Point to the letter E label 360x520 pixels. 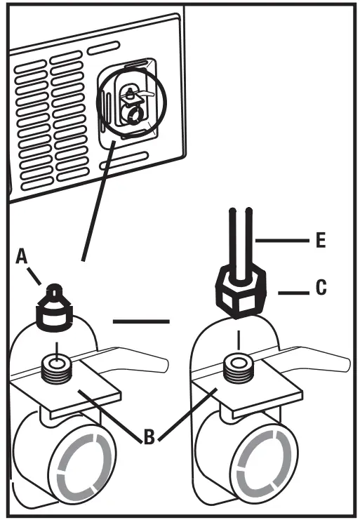pyautogui.click(x=320, y=241)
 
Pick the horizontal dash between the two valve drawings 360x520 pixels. pyautogui.click(x=140, y=322)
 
